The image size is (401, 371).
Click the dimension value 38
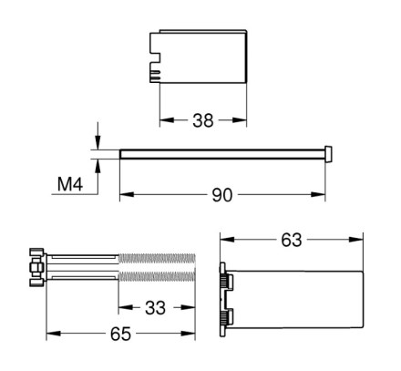(x=203, y=120)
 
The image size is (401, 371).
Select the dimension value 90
(x=222, y=195)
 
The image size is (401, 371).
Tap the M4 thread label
(x=70, y=184)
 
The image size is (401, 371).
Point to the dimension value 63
(x=292, y=240)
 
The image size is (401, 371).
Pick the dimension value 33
(x=155, y=308)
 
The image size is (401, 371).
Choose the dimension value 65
(x=120, y=334)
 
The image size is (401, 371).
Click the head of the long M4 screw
(x=328, y=154)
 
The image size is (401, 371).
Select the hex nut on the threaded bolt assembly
(x=35, y=267)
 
